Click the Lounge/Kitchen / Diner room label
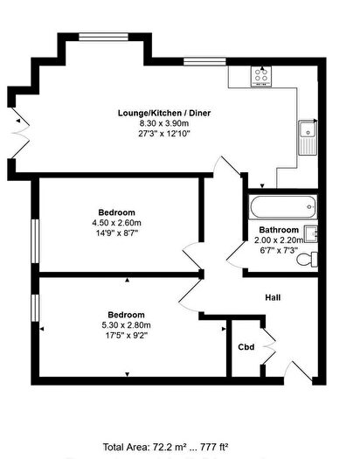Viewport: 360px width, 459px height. pyautogui.click(x=164, y=113)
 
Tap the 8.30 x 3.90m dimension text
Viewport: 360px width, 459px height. pyautogui.click(x=164, y=124)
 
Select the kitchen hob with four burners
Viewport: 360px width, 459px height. pyautogui.click(x=260, y=77)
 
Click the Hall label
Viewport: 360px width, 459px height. pyautogui.click(x=273, y=298)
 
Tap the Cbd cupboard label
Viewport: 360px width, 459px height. pyautogui.click(x=246, y=347)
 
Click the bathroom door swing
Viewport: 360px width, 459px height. pyautogui.click(x=234, y=253)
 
